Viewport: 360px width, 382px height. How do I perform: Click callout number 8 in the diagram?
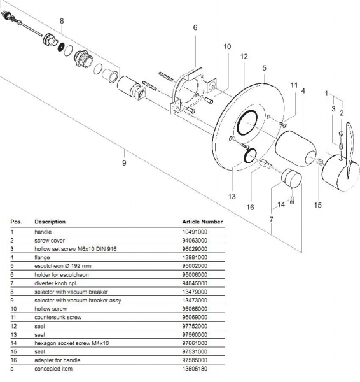[62, 21]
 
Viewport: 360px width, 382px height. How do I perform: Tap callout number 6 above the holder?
[195, 27]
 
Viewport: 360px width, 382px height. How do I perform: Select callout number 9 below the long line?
[124, 163]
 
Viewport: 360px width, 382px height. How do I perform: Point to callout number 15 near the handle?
[317, 205]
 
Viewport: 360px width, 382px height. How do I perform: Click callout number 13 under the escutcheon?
[232, 196]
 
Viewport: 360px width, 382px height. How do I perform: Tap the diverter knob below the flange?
[291, 178]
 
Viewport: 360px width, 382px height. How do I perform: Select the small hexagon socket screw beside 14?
[292, 201]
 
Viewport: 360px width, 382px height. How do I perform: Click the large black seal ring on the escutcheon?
[247, 122]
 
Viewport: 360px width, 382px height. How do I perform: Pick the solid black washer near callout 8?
[61, 47]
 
